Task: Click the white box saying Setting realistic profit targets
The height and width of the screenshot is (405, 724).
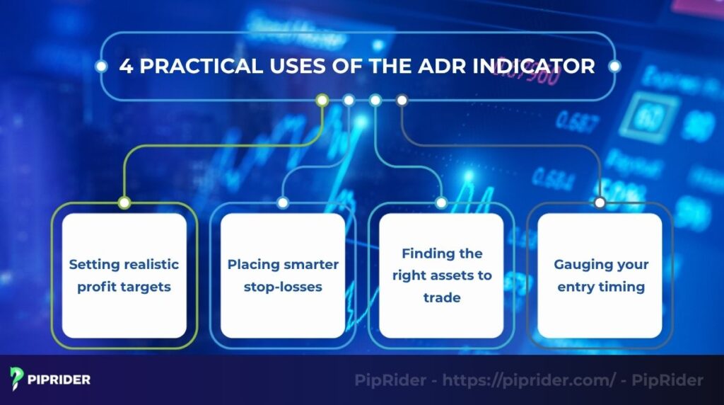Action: [x=124, y=275]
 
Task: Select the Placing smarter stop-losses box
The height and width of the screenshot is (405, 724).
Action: [x=282, y=275]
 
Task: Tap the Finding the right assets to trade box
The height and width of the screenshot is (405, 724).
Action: [x=441, y=275]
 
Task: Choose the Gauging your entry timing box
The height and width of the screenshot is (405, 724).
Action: [x=600, y=275]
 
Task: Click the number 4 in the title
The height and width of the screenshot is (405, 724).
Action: [x=125, y=67]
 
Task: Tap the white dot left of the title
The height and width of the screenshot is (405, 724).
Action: [x=101, y=67]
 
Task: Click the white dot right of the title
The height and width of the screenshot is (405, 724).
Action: [x=614, y=67]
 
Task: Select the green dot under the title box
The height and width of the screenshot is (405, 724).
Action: [x=322, y=101]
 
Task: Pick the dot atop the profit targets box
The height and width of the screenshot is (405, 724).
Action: [x=124, y=203]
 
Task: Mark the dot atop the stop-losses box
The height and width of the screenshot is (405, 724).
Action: [x=282, y=203]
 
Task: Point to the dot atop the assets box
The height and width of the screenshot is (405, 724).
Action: [x=441, y=203]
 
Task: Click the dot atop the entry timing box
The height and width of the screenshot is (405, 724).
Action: [x=600, y=203]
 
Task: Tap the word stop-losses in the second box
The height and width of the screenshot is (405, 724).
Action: [x=282, y=287]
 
